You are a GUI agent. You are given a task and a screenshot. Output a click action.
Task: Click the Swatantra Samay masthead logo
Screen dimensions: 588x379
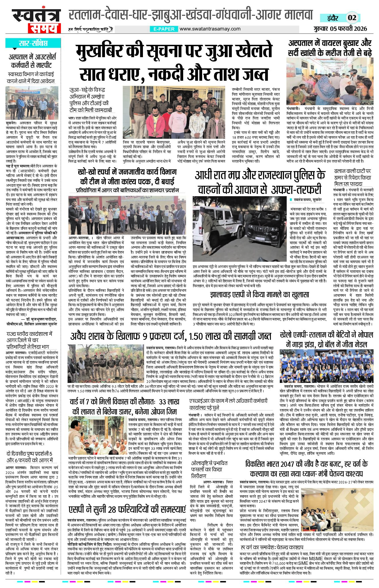(36, 21)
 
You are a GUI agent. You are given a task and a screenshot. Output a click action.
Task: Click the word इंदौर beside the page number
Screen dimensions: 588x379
(335, 18)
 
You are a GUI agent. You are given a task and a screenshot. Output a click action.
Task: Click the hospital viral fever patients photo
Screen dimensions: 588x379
(330, 81)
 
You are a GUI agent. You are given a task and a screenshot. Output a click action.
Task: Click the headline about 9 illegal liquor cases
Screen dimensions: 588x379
(171, 336)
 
